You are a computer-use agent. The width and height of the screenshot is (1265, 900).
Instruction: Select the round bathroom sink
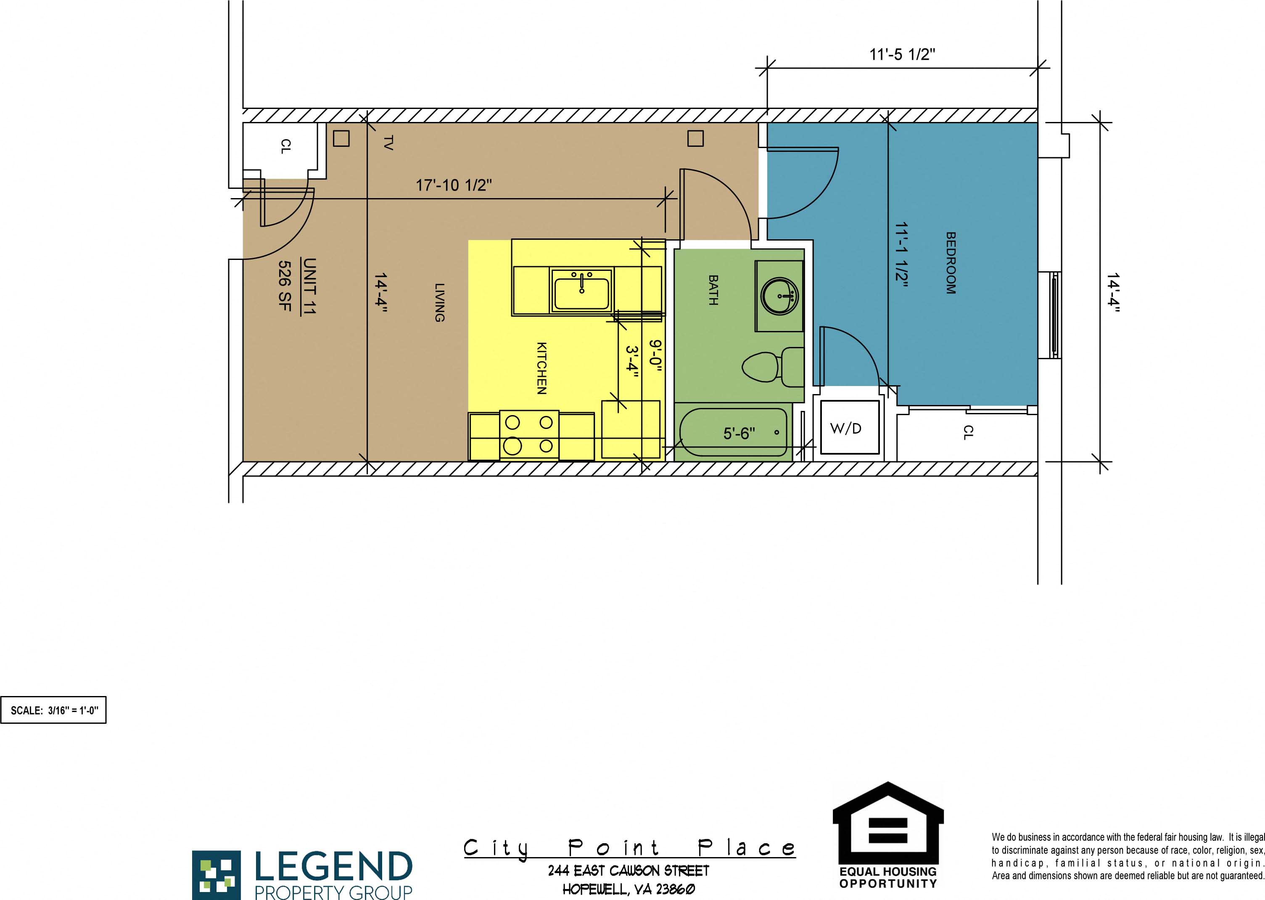point(779,296)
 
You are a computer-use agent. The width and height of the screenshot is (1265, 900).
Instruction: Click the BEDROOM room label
point(951,263)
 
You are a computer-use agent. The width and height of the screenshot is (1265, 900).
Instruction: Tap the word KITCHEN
point(541,368)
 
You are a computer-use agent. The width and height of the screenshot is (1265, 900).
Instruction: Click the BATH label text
point(713,290)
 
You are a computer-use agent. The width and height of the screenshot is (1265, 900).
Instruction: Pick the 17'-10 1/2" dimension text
point(454,185)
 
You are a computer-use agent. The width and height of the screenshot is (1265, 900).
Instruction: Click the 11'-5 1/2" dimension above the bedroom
point(902,55)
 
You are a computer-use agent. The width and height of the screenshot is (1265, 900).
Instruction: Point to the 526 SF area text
point(284,286)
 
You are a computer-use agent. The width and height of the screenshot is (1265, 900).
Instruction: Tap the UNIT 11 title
point(309,286)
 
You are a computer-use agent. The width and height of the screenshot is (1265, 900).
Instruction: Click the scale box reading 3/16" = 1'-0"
point(54,710)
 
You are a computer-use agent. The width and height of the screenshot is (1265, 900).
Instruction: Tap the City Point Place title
point(629,848)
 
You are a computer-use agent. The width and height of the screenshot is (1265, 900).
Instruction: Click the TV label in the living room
point(388,143)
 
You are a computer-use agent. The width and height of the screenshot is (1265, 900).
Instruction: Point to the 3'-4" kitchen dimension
point(632,362)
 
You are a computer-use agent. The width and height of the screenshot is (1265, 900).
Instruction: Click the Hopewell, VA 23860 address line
point(629,889)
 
